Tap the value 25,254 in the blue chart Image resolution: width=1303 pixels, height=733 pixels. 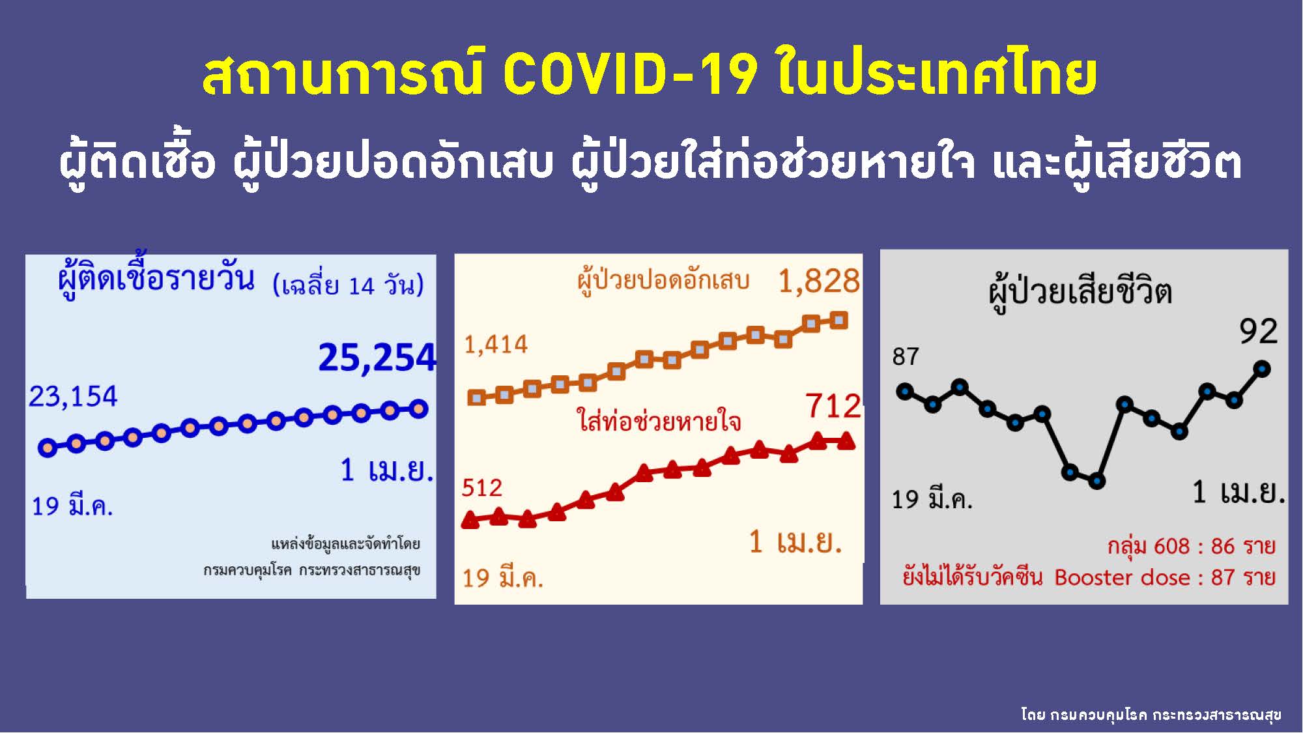pos(377,358)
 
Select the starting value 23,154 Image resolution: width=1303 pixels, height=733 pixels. pos(73,396)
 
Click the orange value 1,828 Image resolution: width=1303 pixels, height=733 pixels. pos(819,281)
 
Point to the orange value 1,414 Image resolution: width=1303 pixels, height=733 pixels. pos(496,345)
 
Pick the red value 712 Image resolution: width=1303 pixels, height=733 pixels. pos(833,407)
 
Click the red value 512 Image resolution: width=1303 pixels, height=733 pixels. pos(482,488)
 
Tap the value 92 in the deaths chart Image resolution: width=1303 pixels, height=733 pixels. pos(1258,332)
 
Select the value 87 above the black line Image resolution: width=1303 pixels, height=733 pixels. pos(906,356)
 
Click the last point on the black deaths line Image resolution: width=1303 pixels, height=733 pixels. pos(1262,369)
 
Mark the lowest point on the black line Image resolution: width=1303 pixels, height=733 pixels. pos(1097,481)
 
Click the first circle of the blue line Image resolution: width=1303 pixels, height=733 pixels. pos(48,448)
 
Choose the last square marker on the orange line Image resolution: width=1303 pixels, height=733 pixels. pos(839,320)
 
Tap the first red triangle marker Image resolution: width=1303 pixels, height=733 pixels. pos(470,519)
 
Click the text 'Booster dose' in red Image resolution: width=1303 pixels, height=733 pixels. pos(1122,577)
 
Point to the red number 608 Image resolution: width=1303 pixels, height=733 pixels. pos(1171,546)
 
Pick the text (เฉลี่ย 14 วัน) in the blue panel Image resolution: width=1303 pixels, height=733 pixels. pos(348,285)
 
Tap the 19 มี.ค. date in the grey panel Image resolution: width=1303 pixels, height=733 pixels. pos(932,500)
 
